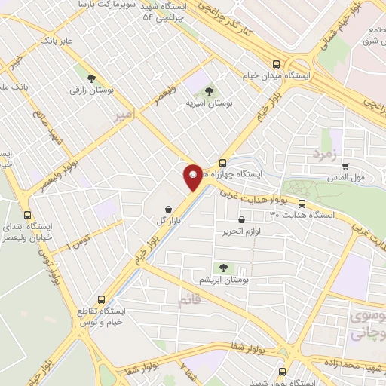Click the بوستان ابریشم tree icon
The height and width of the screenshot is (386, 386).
222,268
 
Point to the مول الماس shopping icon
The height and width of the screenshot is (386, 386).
345,167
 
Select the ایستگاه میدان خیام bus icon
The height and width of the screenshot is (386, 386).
276,64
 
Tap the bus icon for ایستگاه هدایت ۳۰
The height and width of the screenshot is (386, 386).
302,204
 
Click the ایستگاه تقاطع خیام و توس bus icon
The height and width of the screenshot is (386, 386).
103,299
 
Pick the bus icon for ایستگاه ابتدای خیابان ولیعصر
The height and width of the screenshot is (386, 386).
28,214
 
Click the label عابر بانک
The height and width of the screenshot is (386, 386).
57,40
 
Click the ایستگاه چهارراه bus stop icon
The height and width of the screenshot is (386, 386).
222,162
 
